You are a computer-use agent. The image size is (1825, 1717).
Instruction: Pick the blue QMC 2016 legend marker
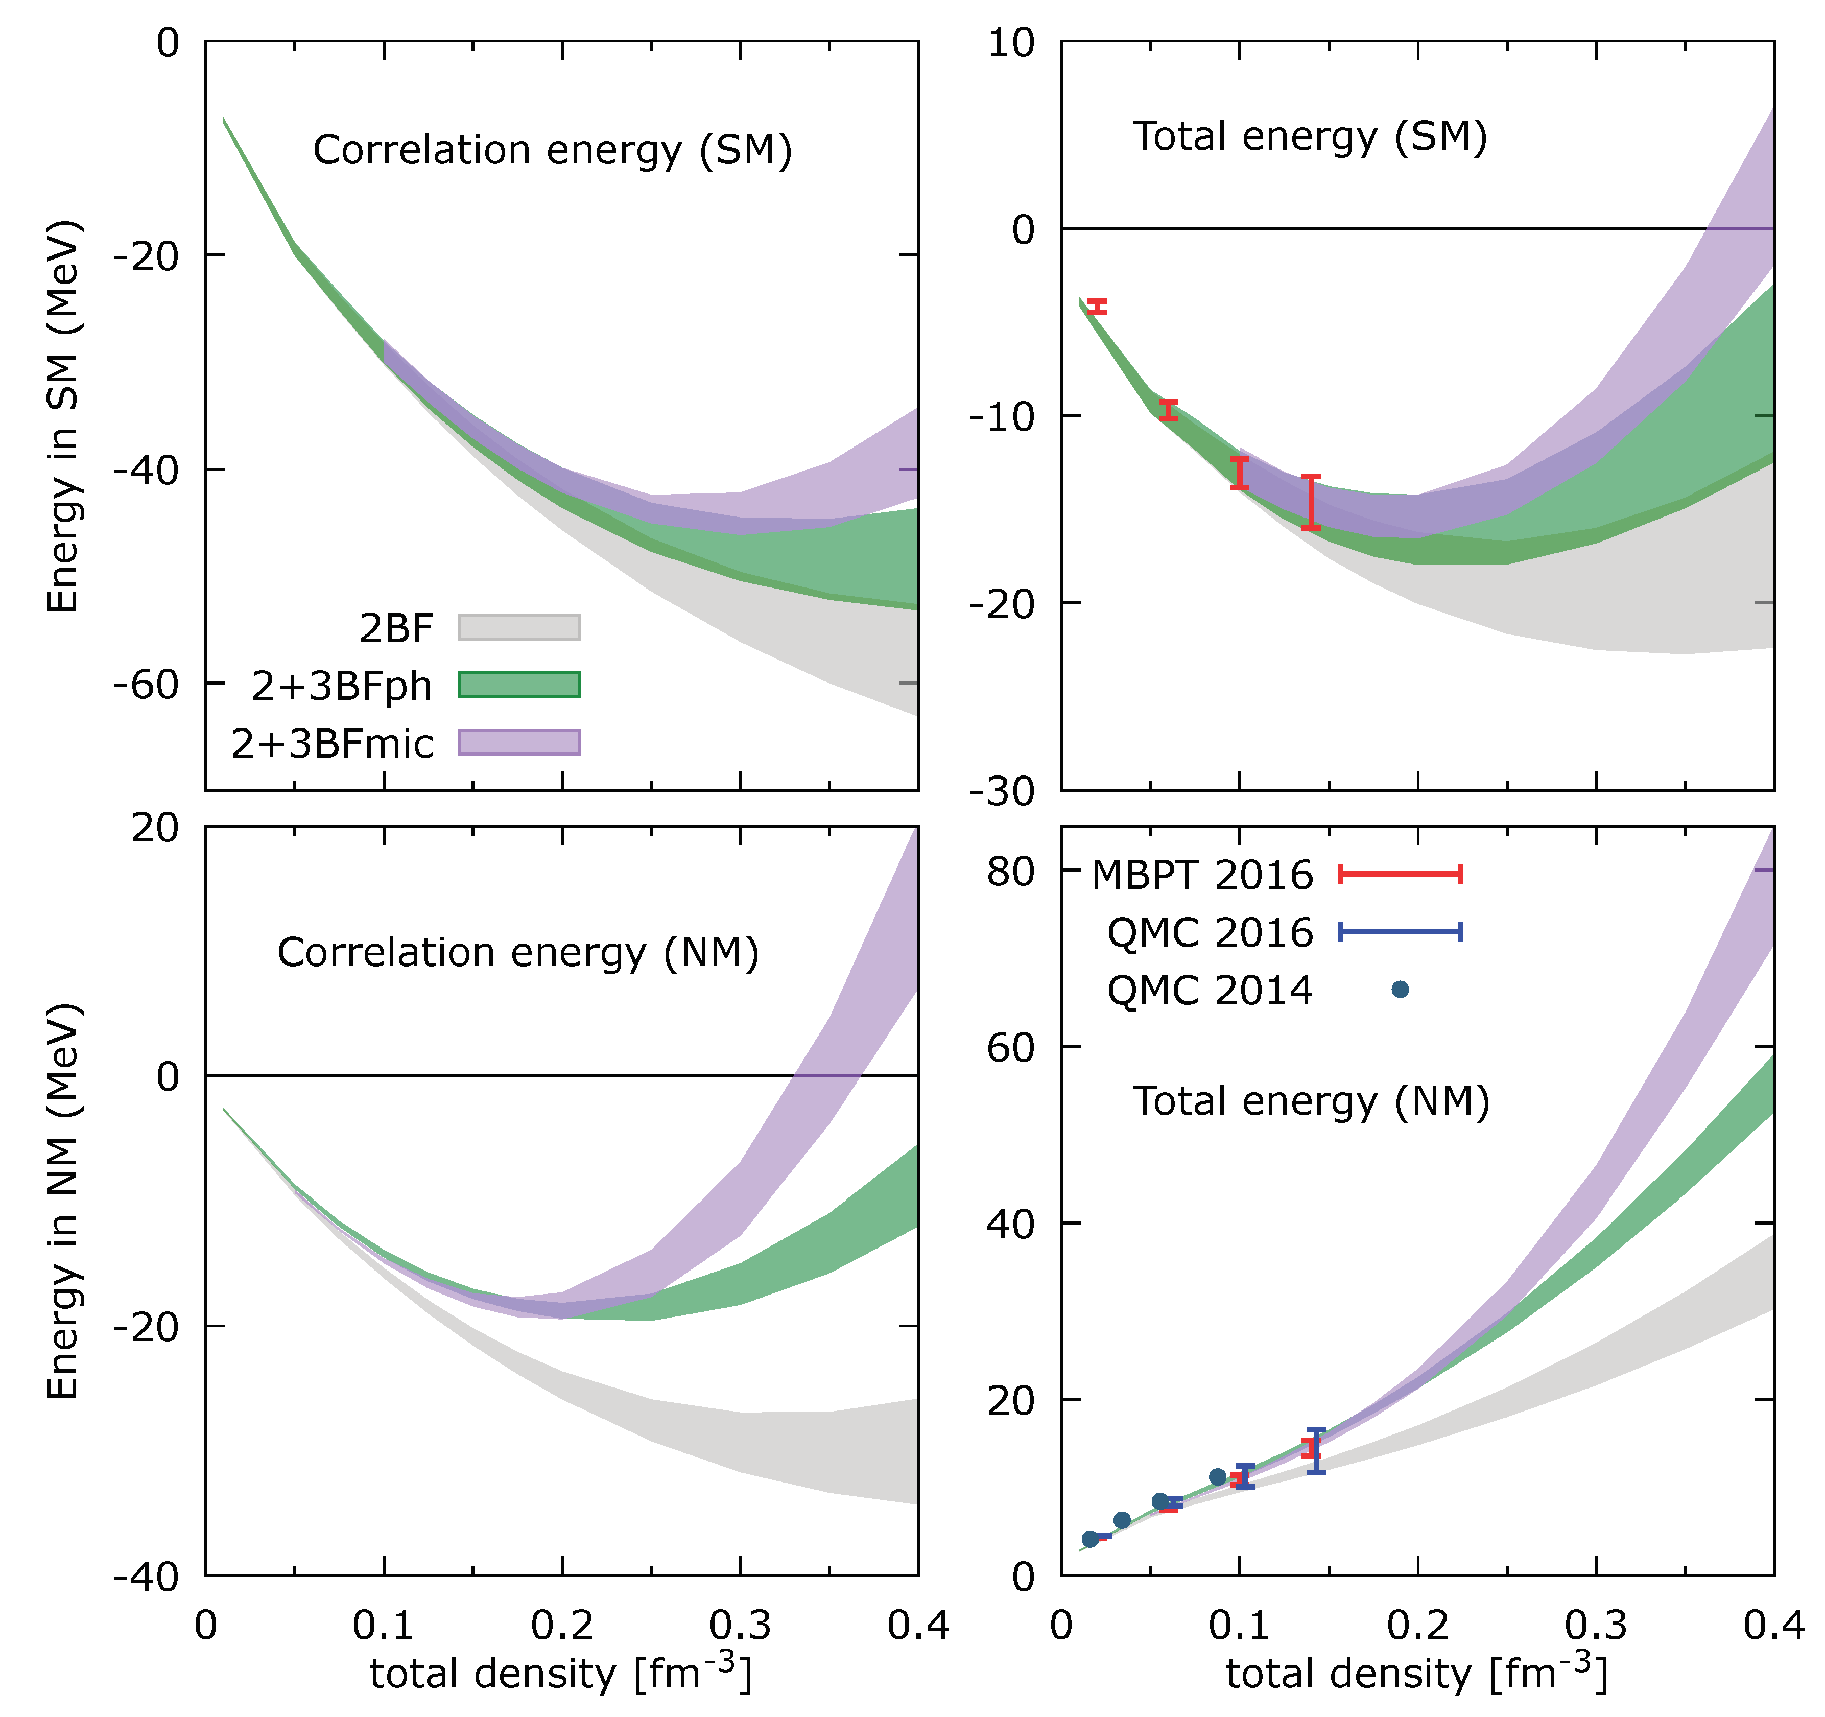tap(1400, 932)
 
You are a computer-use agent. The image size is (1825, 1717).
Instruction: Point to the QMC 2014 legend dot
tap(1400, 989)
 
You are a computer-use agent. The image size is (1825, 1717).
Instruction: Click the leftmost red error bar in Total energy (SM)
tap(1096, 307)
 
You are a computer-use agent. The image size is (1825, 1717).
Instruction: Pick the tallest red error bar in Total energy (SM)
tap(1311, 502)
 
